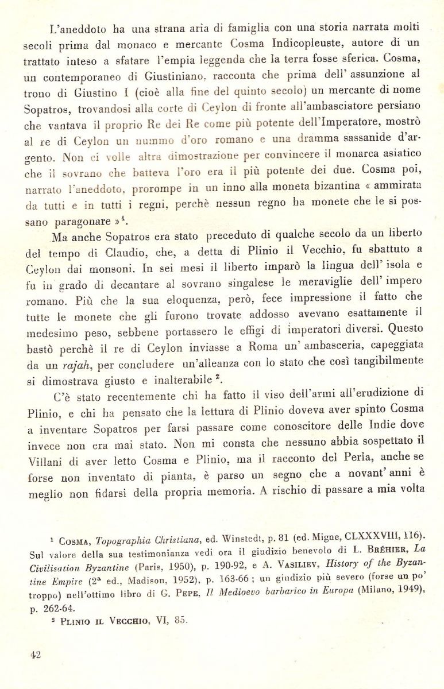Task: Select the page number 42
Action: pyautogui.click(x=36, y=655)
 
